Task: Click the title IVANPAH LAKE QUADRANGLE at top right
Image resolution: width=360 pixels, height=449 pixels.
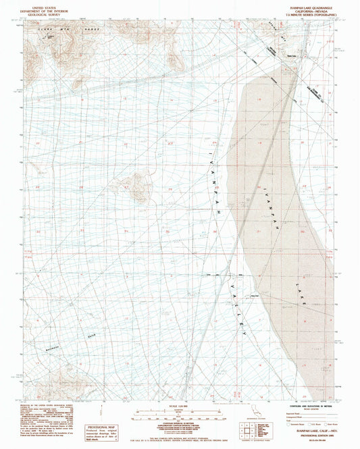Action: (x=303, y=5)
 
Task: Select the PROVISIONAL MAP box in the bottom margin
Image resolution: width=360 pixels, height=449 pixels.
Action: (x=101, y=429)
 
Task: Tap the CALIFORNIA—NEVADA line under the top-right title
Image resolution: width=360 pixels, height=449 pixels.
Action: (x=303, y=9)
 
